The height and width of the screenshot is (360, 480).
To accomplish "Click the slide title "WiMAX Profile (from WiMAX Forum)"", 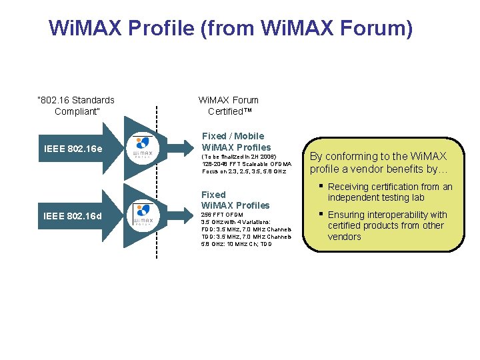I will pyautogui.click(x=231, y=29).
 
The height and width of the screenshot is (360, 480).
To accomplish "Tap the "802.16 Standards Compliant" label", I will pyautogui.click(x=77, y=105).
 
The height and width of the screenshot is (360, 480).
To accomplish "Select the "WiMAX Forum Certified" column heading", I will pyautogui.click(x=229, y=105).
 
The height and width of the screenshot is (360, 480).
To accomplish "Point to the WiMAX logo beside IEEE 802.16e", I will pyautogui.click(x=143, y=148).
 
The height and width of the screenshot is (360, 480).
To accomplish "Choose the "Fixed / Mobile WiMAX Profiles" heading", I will pyautogui.click(x=236, y=141).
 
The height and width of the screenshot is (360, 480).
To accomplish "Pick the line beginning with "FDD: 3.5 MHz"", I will pyautogui.click(x=246, y=229).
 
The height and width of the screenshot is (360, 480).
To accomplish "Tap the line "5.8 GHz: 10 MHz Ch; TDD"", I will pyautogui.click(x=237, y=244).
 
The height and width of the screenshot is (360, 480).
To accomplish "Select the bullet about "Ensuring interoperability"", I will pyautogui.click(x=387, y=225).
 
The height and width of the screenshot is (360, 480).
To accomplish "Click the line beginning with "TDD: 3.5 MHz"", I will pyautogui.click(x=246, y=237).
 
